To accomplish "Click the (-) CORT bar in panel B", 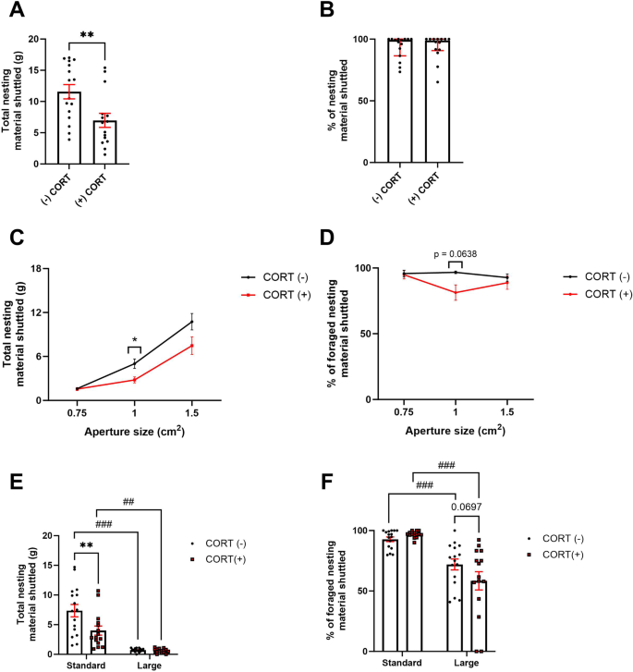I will [400, 101].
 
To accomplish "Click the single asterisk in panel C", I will [135, 341].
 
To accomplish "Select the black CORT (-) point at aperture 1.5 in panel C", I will [191, 322].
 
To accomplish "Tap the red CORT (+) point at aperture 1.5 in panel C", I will [191, 346].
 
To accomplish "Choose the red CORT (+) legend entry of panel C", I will [270, 293].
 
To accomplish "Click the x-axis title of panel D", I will [456, 431].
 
